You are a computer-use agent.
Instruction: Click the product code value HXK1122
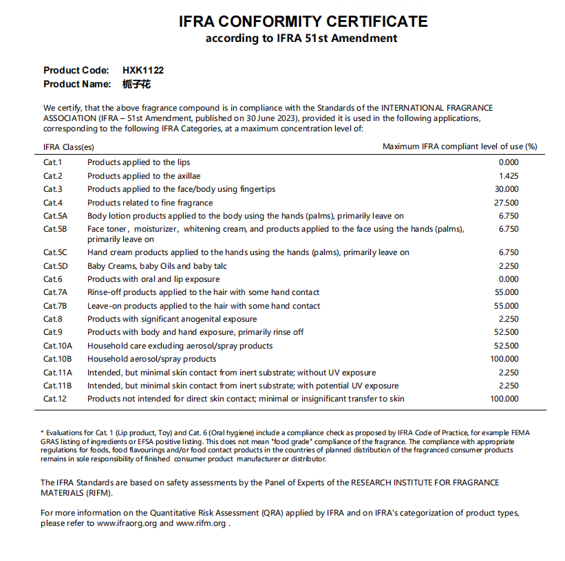click(143, 70)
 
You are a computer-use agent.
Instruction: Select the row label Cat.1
click(52, 162)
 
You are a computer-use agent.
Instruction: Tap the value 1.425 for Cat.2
click(509, 176)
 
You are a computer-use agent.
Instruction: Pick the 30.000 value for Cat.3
click(507, 189)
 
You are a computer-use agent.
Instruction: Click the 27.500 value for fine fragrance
click(507, 203)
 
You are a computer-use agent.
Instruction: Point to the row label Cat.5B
click(55, 229)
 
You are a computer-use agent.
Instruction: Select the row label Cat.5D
click(55, 266)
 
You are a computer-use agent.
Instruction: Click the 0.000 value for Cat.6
click(509, 279)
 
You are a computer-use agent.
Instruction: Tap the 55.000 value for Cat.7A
click(507, 292)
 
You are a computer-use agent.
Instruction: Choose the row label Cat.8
click(52, 319)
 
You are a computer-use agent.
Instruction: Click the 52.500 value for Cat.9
click(507, 332)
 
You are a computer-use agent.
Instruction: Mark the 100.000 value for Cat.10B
click(504, 359)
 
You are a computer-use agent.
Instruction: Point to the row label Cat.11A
click(57, 373)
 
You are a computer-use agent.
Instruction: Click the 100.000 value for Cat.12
click(504, 399)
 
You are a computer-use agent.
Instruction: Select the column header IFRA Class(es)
click(69, 146)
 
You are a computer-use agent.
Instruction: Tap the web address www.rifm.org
click(202, 523)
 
